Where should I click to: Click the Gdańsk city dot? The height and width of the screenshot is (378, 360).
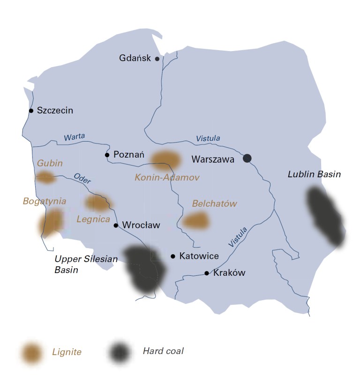tap(157, 59)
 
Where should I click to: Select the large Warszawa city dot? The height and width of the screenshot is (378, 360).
tap(247, 159)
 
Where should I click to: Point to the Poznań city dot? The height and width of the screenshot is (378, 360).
tap(107, 155)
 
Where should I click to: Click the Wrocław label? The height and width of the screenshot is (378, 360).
tap(141, 225)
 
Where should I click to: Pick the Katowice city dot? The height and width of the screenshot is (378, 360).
tap(173, 256)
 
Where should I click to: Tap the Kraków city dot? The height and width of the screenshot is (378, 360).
tap(206, 273)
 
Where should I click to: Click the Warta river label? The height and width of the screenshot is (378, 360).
tap(74, 136)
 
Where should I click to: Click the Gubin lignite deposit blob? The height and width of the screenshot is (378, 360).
tap(45, 177)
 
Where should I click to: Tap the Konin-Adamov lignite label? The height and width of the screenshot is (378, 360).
tap(167, 178)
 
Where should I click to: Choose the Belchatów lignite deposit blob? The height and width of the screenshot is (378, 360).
tap(195, 221)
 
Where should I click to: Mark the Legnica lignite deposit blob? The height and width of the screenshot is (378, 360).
tap(97, 203)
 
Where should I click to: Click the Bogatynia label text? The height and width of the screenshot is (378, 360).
tap(44, 201)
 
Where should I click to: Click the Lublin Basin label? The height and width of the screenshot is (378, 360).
tap(314, 174)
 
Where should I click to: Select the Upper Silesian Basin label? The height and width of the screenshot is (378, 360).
tap(86, 265)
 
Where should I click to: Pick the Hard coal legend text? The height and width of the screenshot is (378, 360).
tap(163, 350)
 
